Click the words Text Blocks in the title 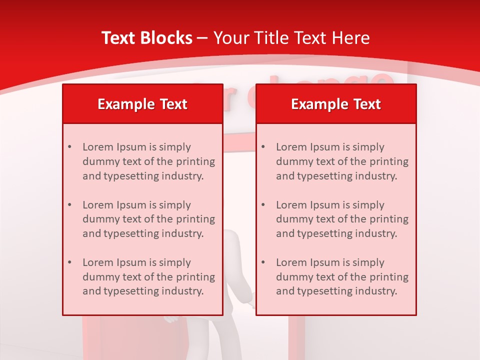[x=147, y=38]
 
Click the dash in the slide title [x=203, y=38]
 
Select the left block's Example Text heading [x=142, y=104]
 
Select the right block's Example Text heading [x=336, y=104]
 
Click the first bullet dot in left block [x=69, y=147]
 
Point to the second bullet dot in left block [x=69, y=205]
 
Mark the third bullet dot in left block [x=69, y=262]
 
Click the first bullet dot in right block [x=263, y=147]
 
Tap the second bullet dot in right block [x=263, y=205]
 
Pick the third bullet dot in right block [x=263, y=262]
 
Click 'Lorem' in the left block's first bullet [x=98, y=147]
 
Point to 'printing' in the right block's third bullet [x=389, y=277]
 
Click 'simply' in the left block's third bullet [x=175, y=262]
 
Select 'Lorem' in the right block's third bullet [x=291, y=262]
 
